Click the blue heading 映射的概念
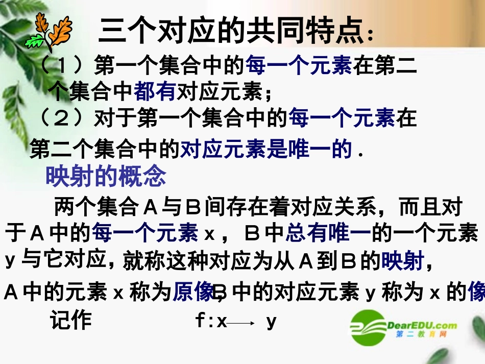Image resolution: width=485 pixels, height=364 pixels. (x=106, y=177)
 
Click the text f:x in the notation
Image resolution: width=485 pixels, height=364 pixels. (x=210, y=321)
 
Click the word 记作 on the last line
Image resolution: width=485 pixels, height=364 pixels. (x=71, y=320)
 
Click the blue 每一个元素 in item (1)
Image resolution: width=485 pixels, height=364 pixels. (x=298, y=66)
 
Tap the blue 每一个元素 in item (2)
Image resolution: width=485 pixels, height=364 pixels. (x=342, y=119)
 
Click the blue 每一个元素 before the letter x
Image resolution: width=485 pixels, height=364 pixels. (x=145, y=233)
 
